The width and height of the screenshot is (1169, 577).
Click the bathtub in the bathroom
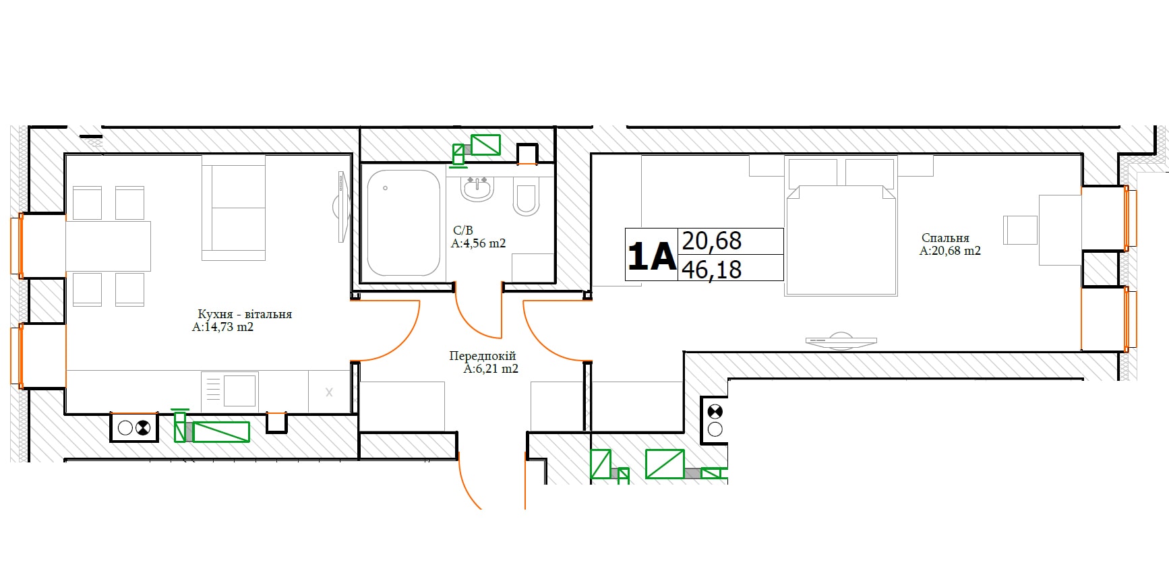tap(404, 222)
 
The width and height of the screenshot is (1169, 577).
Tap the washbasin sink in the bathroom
tap(477, 188)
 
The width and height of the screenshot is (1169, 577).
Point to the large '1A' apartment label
tap(651, 255)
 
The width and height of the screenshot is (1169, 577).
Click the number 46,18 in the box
tap(712, 270)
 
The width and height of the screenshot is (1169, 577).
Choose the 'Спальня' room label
tap(945, 238)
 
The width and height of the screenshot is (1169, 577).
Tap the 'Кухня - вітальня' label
tap(245, 314)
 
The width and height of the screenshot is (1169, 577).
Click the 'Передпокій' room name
tap(483, 356)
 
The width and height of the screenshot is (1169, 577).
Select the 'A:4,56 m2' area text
tap(478, 243)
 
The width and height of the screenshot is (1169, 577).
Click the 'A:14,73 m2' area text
tap(223, 327)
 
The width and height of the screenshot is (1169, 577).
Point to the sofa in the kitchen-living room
tap(234, 208)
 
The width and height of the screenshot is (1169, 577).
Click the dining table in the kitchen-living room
tap(108, 246)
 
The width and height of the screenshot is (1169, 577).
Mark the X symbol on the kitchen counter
tap(329, 392)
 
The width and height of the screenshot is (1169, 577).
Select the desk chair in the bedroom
tap(1020, 230)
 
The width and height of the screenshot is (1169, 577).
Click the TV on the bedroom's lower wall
tap(841, 341)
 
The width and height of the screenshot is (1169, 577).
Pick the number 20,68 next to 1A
tap(712, 241)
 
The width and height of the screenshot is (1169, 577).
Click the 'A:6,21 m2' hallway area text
tap(491, 369)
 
